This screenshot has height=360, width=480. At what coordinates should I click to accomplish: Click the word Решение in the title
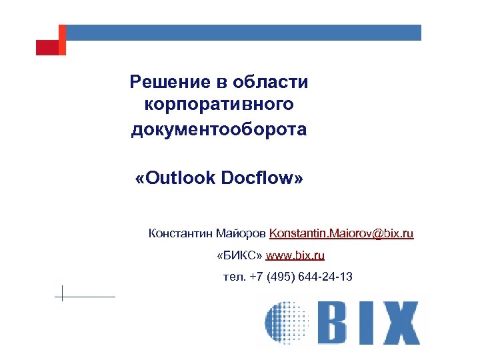pyautogui.click(x=169, y=82)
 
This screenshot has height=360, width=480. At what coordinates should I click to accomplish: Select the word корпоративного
pyautogui.click(x=219, y=105)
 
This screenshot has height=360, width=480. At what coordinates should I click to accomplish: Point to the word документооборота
pyautogui.click(x=219, y=129)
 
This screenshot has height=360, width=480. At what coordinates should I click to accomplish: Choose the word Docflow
pyautogui.click(x=259, y=178)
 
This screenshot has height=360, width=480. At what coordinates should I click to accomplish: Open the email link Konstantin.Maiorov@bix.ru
pyautogui.click(x=341, y=233)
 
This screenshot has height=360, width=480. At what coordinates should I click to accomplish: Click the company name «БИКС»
pyautogui.click(x=239, y=255)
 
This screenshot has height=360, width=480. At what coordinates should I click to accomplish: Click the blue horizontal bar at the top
pyautogui.click(x=244, y=32)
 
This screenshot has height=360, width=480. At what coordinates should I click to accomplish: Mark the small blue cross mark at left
pyautogui.click(x=62, y=293)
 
